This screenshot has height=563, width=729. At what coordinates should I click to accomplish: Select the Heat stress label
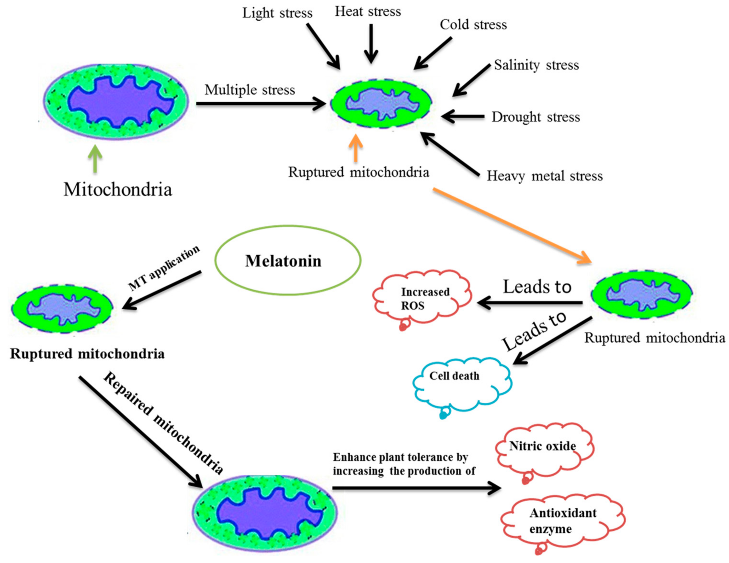pyautogui.click(x=368, y=12)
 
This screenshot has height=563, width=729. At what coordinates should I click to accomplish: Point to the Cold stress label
pyautogui.click(x=473, y=25)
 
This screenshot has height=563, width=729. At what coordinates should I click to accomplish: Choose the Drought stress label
pyautogui.click(x=535, y=117)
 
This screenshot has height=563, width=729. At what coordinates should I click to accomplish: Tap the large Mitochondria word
pyautogui.click(x=118, y=189)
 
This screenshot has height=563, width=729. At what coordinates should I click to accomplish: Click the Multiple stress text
pyautogui.click(x=250, y=90)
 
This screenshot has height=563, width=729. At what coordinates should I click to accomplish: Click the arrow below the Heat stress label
pyautogui.click(x=371, y=43)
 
